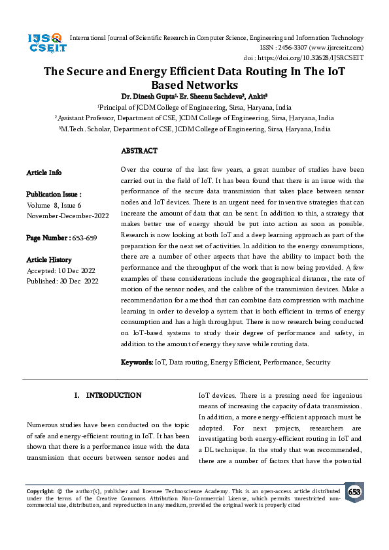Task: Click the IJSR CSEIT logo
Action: (44, 42)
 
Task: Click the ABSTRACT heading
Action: (139, 151)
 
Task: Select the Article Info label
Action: (44, 172)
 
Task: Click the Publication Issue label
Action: (54, 195)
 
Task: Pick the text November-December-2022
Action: (67, 216)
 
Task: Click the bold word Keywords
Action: (137, 362)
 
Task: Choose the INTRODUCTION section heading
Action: (113, 395)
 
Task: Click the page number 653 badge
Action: (354, 492)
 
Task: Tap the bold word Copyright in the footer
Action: (40, 490)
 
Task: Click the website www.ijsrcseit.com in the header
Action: (337, 48)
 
